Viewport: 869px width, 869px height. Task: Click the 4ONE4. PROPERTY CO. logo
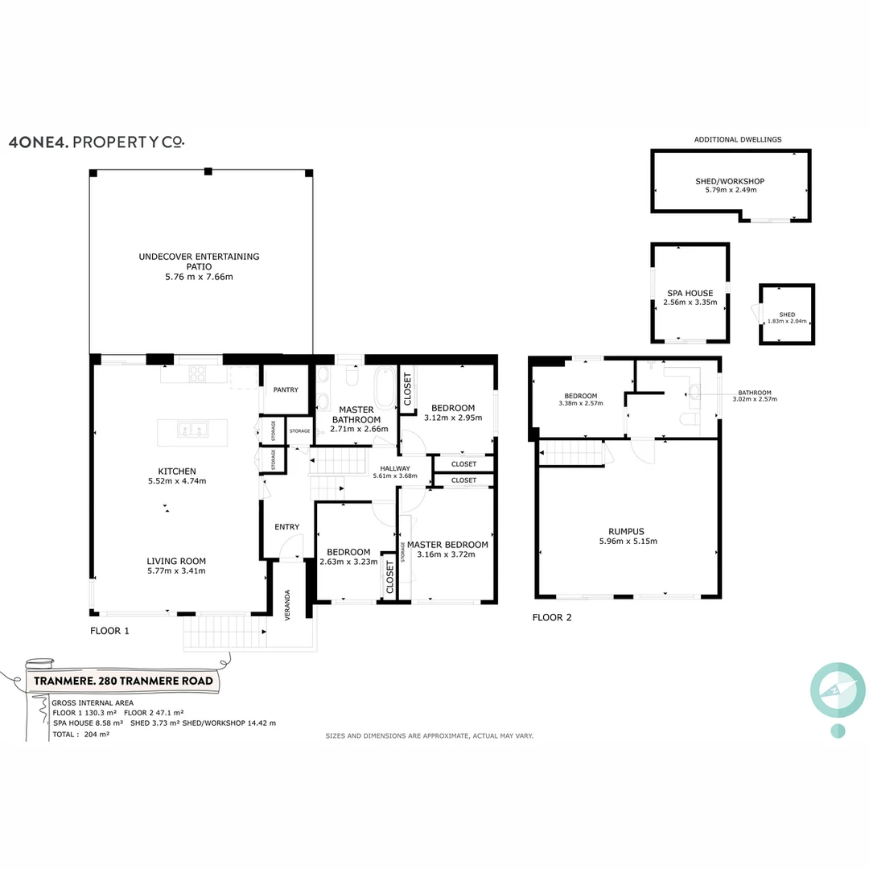[x=96, y=142]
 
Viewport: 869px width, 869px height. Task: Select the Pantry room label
[x=285, y=390]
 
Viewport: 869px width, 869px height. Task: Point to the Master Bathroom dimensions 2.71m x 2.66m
[x=359, y=430]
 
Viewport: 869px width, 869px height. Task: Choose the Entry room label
[x=286, y=527]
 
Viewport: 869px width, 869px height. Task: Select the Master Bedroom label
[x=447, y=545]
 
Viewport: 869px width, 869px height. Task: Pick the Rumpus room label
[x=627, y=531]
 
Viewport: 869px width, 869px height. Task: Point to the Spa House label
[x=690, y=294]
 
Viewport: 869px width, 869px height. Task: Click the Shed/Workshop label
[x=729, y=182]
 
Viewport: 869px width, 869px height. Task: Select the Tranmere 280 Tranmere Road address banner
[x=124, y=681]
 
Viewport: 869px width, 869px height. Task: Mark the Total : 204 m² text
[x=80, y=735]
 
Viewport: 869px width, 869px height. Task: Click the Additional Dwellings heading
[x=737, y=140]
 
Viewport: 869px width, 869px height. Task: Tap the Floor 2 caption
[x=552, y=618]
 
